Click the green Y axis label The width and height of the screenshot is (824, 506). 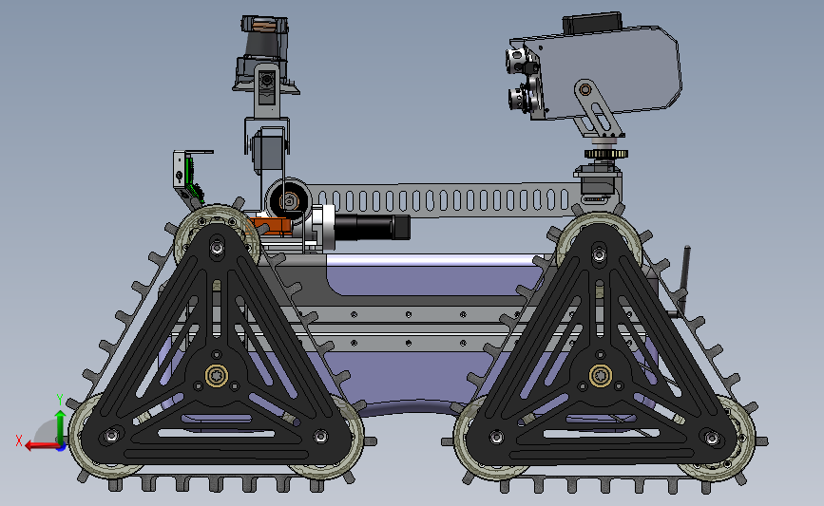tap(59, 400)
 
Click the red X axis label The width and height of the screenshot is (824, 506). tap(18, 440)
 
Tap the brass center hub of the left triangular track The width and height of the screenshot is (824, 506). tap(216, 375)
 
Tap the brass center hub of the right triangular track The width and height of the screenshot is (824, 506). tap(600, 375)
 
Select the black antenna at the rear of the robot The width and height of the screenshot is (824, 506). tap(683, 281)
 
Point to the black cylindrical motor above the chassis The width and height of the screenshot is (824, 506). tap(372, 227)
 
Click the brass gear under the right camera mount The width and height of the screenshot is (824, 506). tap(606, 154)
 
